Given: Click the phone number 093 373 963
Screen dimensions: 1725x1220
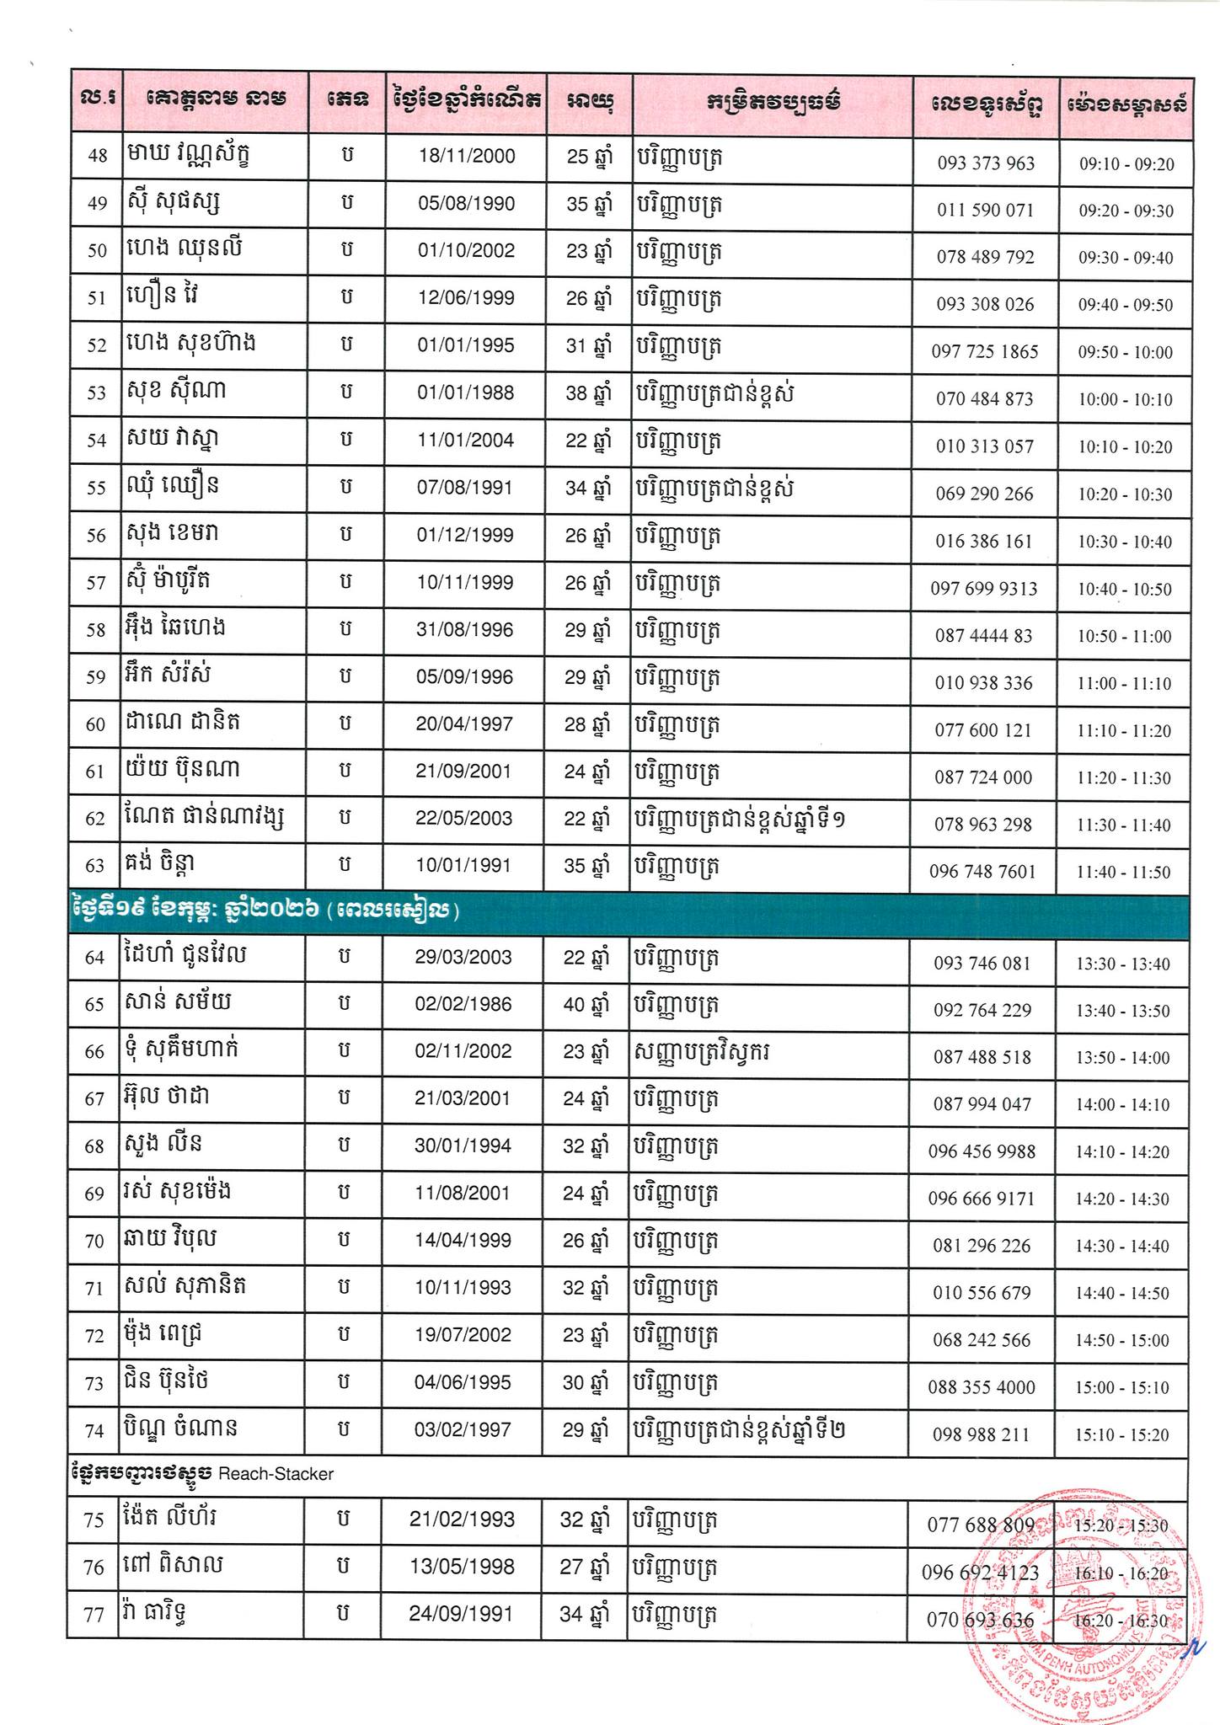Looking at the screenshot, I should [985, 163].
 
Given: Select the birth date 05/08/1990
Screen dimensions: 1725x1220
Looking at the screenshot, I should [466, 204].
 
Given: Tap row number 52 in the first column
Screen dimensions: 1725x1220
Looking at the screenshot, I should [97, 346].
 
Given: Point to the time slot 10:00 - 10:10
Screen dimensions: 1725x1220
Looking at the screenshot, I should [1125, 399].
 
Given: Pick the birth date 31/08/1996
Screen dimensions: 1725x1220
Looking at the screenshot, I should [464, 630].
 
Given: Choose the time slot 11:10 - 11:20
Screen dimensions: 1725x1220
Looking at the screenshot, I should [1124, 731].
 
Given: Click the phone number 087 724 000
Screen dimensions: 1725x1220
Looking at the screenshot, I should [982, 777].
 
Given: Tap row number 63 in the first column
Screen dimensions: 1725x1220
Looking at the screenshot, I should [95, 866].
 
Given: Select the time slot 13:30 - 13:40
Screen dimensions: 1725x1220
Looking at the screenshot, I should [1123, 964].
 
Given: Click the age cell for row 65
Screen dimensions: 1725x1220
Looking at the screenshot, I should [584, 1005].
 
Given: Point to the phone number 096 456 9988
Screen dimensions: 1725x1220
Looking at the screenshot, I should [982, 1151].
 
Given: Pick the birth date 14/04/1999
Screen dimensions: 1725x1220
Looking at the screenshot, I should [463, 1241].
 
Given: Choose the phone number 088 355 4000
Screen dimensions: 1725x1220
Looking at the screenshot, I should [982, 1387].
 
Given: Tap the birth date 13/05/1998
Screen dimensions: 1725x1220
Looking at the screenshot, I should [462, 1566].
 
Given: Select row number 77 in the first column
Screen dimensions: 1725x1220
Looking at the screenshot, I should [94, 1616].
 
